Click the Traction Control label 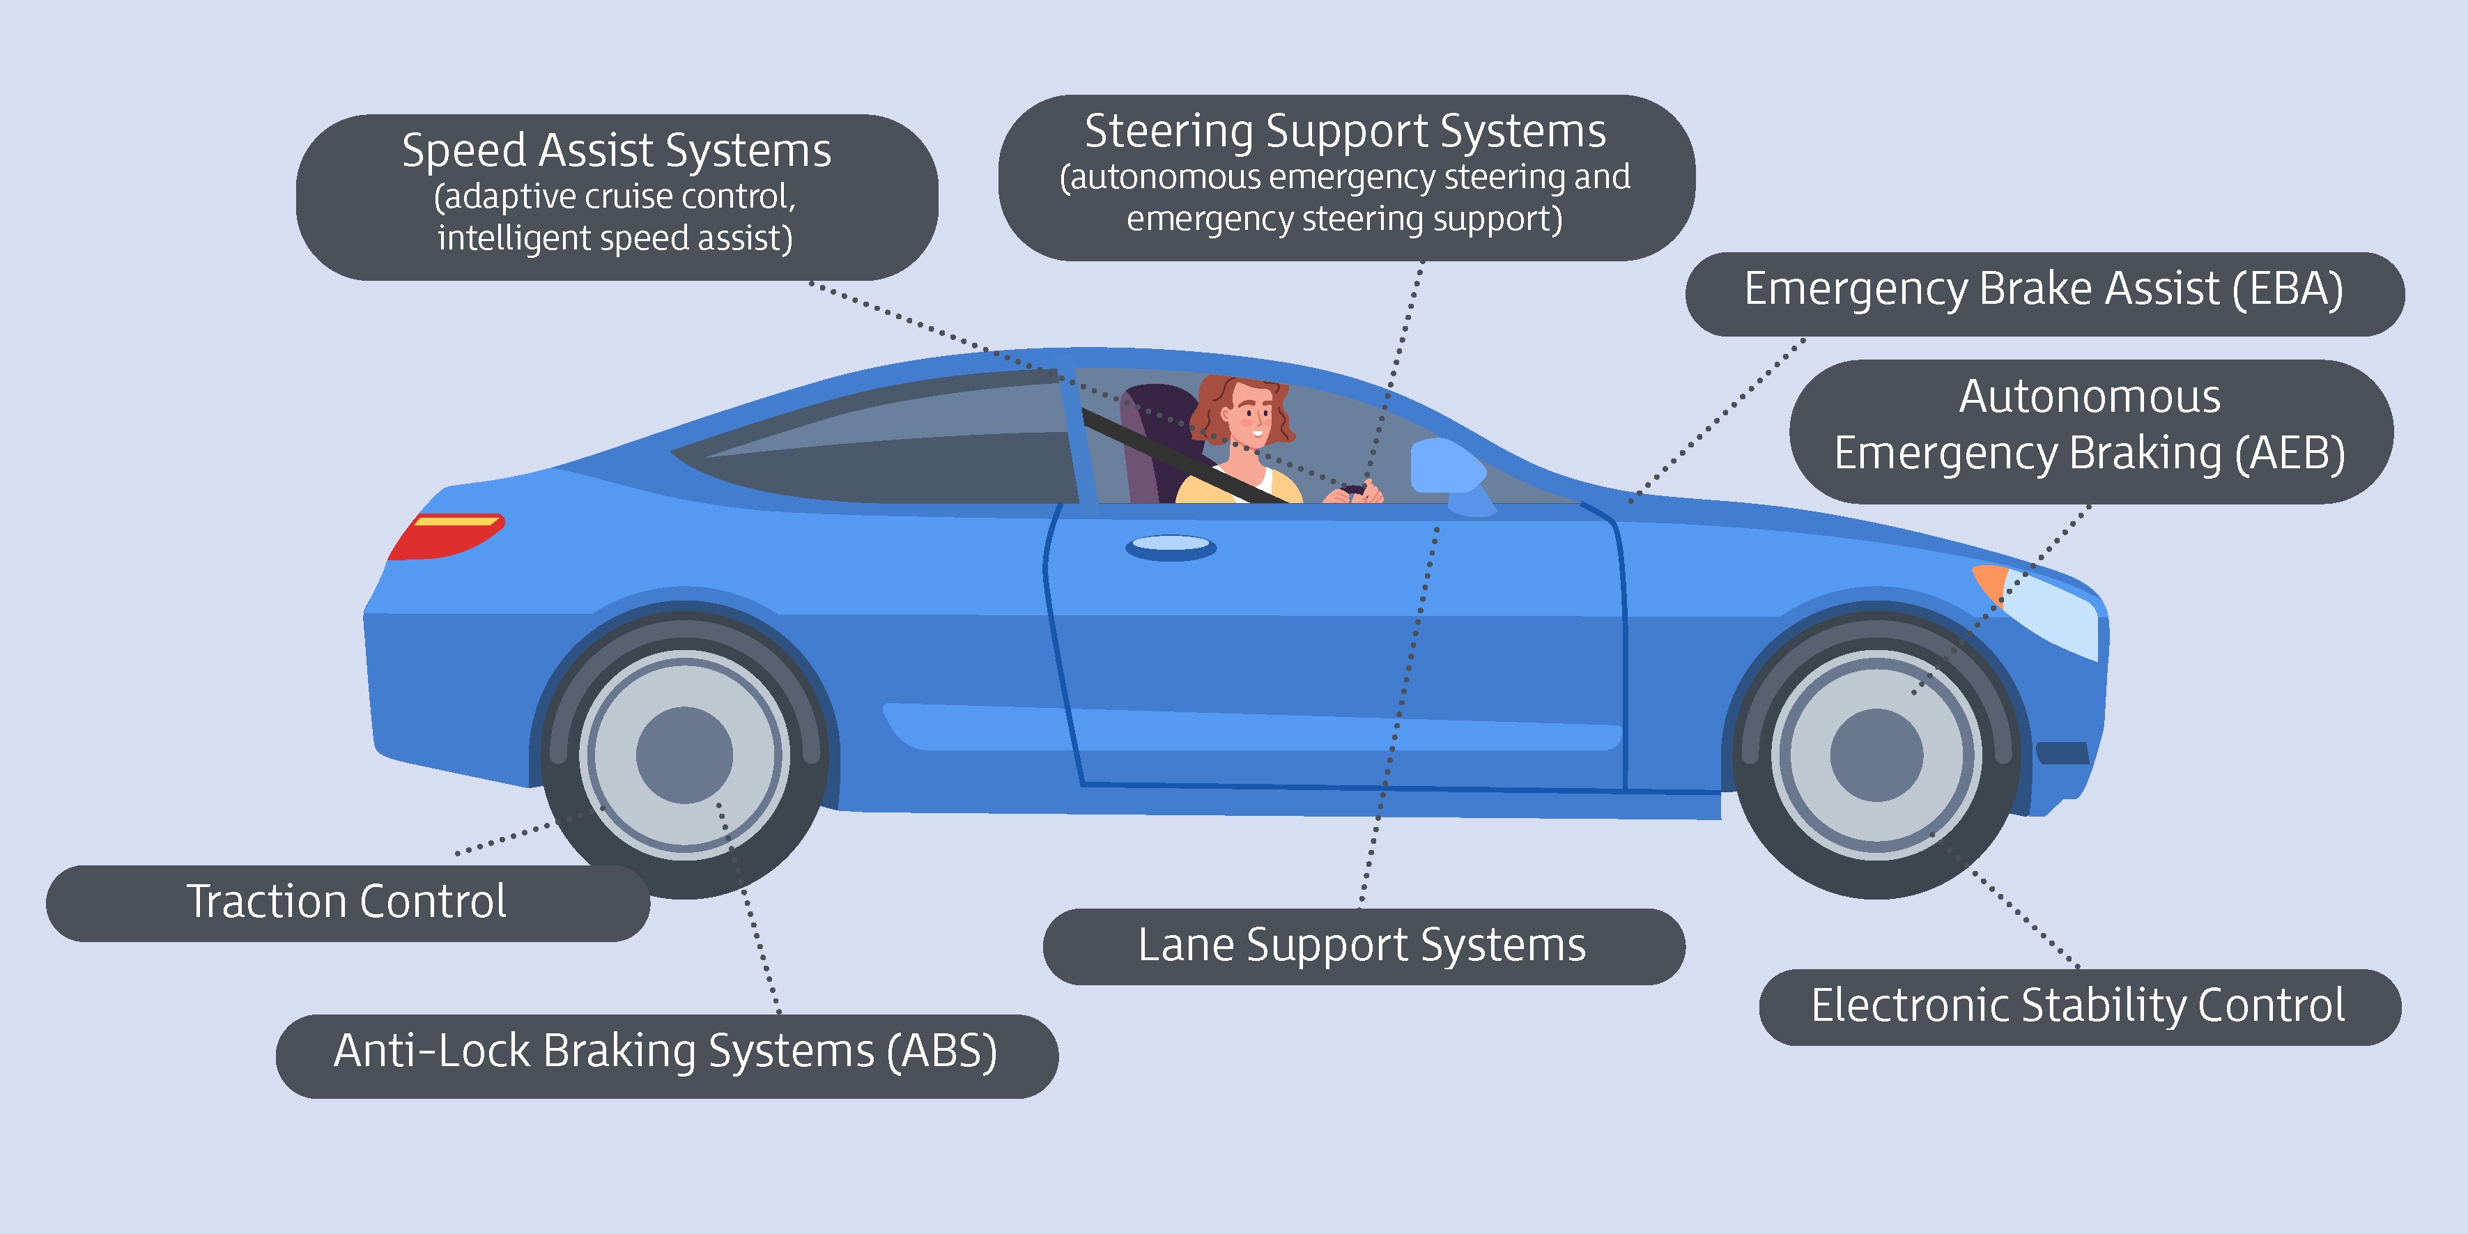[x=347, y=902]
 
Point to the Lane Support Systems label [x=1362, y=946]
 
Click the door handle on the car [x=1171, y=547]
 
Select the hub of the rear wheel [x=684, y=755]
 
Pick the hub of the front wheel [x=1876, y=755]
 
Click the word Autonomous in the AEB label [x=2090, y=396]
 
